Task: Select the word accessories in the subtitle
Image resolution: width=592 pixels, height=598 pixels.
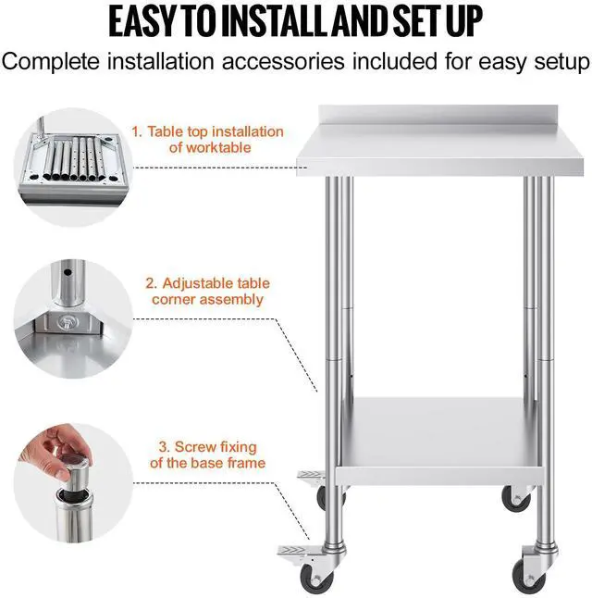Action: pyautogui.click(x=283, y=61)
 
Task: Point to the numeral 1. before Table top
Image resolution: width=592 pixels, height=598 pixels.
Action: pyautogui.click(x=137, y=131)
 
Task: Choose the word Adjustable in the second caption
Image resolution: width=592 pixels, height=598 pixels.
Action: pyautogui.click(x=197, y=284)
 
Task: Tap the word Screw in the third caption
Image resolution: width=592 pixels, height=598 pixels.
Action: pyautogui.click(x=192, y=447)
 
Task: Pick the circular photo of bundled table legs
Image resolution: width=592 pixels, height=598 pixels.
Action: pyautogui.click(x=73, y=167)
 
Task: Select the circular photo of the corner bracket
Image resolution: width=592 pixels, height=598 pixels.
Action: pyautogui.click(x=73, y=318)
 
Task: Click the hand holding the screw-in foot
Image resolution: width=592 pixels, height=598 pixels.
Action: pyautogui.click(x=57, y=450)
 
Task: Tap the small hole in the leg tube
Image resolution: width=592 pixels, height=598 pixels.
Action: pyautogui.click(x=68, y=273)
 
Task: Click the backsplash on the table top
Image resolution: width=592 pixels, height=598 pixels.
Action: pyautogui.click(x=438, y=115)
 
